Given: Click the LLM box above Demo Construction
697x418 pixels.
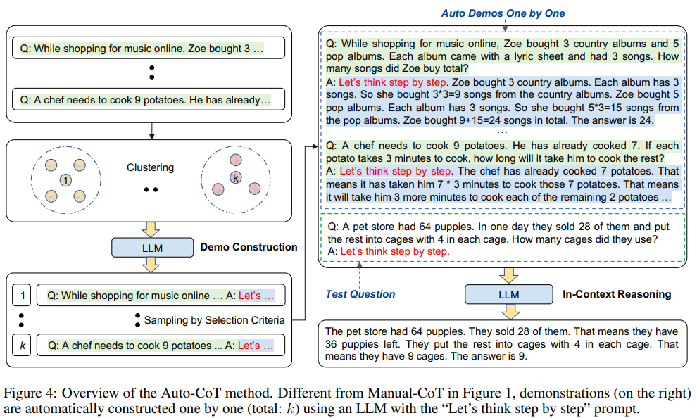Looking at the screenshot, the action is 152,248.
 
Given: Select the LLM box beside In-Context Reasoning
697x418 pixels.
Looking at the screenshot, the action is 508,294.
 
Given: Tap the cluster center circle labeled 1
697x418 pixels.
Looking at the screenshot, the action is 65,181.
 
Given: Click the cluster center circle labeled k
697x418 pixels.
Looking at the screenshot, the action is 236,178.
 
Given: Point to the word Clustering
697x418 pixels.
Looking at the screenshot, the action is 150,168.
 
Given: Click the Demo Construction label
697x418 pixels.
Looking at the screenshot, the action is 249,248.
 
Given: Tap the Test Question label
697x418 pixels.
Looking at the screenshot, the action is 360,294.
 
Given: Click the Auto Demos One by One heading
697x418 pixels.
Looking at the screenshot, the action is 503,13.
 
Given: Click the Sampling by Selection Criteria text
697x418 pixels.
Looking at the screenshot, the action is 214,320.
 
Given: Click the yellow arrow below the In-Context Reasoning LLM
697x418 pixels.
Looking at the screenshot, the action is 508,311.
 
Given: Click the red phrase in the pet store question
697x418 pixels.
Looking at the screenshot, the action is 395,251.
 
